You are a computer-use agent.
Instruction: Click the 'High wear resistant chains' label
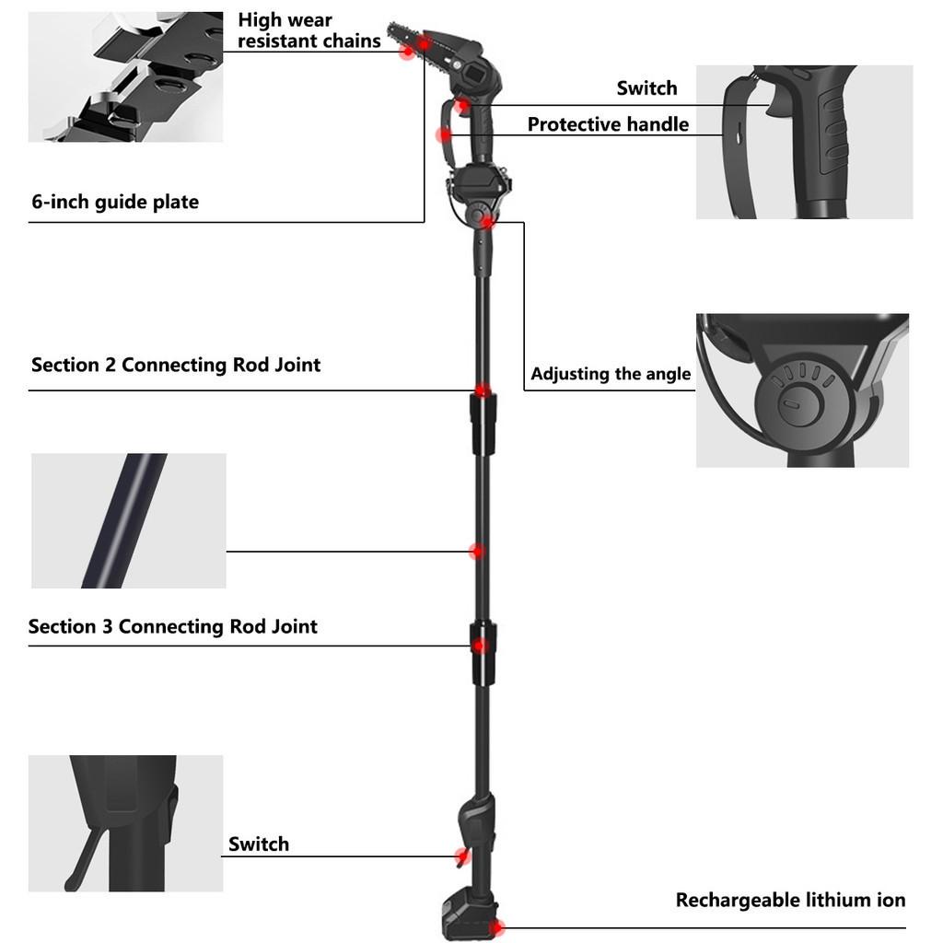309,30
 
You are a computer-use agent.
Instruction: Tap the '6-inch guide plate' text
115,202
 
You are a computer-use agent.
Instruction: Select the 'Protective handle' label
608,124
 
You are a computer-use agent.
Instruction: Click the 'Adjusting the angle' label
611,374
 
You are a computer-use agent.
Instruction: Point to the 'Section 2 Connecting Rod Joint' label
176,365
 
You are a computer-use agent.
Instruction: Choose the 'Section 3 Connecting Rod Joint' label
172,627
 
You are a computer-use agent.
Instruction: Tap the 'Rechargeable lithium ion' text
790,900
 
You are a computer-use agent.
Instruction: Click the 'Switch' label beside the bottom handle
259,844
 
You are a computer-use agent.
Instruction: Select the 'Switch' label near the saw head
646,88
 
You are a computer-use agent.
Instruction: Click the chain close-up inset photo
125,77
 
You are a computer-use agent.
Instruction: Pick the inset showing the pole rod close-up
129,520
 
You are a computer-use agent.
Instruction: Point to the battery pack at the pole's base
468,916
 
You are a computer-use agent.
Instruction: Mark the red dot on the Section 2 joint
482,390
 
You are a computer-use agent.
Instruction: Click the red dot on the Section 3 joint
480,646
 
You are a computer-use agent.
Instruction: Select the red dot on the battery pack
497,926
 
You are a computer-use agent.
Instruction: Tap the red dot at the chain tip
406,52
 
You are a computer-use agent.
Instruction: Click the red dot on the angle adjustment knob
488,221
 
